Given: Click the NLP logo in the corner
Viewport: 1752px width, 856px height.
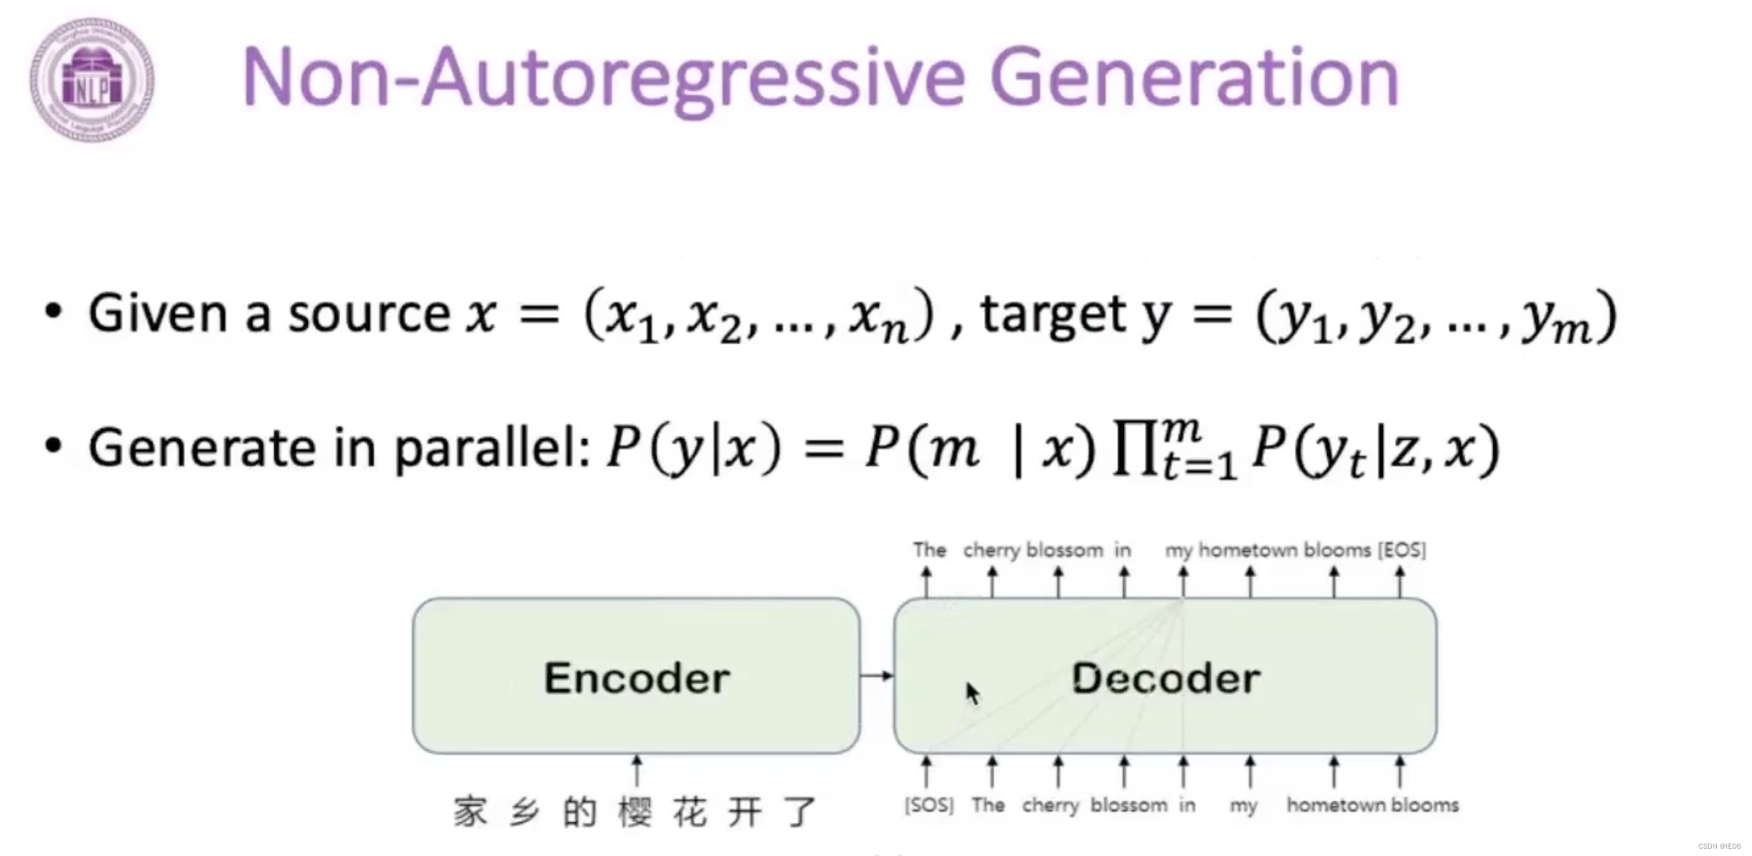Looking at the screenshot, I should click(x=92, y=80).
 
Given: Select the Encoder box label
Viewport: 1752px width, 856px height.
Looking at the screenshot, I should click(x=636, y=677).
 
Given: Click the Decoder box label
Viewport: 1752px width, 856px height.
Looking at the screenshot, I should click(x=1166, y=677).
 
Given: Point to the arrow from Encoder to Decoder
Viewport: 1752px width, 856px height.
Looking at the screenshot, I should click(x=877, y=675).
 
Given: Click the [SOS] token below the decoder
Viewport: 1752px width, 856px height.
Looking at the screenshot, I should click(x=929, y=805).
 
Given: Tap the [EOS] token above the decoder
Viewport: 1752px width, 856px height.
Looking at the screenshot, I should click(x=1401, y=549).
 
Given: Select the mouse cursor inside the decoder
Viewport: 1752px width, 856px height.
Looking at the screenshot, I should click(x=972, y=692).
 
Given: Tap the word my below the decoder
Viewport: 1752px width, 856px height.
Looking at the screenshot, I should click(x=1243, y=806).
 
